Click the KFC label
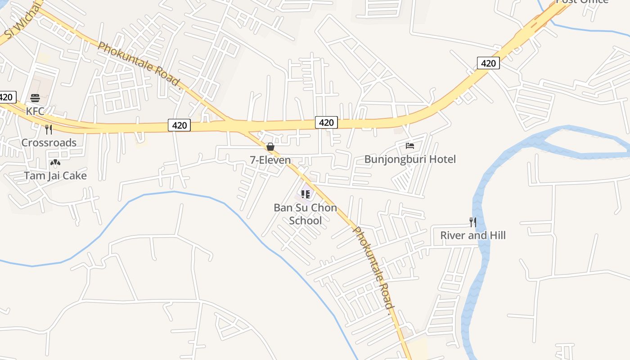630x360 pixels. click(x=35, y=111)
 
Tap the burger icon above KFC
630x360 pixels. click(x=35, y=98)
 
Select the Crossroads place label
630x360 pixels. click(x=49, y=143)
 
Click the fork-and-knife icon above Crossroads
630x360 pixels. click(x=49, y=130)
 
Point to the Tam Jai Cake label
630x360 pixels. click(x=55, y=175)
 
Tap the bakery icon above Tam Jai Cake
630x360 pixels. click(x=55, y=162)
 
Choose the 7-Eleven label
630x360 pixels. click(x=270, y=160)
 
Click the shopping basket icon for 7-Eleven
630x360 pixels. click(x=270, y=147)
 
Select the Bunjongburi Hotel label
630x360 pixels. click(x=410, y=159)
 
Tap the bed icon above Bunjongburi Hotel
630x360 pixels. click(x=410, y=146)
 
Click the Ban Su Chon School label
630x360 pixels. click(x=306, y=214)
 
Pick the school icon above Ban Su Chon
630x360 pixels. click(x=306, y=194)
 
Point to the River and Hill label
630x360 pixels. click(x=473, y=235)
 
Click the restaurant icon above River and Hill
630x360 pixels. click(x=473, y=222)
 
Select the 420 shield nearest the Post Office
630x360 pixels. click(x=488, y=63)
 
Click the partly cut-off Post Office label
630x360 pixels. click(x=582, y=2)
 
